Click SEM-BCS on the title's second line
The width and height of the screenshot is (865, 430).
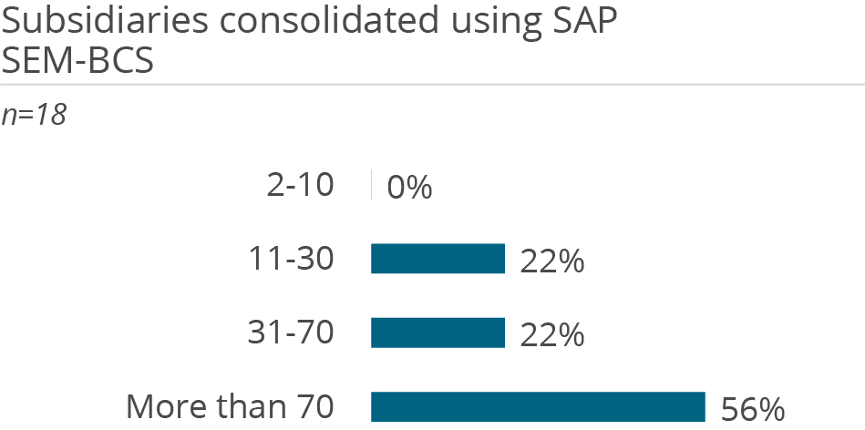tap(77, 62)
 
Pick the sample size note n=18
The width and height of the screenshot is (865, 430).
tap(34, 116)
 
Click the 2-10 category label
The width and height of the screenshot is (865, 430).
tap(301, 186)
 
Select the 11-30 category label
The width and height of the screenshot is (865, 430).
tap(292, 260)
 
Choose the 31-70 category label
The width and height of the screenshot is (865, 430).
tap(292, 333)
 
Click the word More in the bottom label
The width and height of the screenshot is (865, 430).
tap(160, 406)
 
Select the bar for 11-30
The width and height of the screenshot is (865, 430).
tap(438, 259)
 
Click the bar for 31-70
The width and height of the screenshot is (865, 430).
tap(438, 333)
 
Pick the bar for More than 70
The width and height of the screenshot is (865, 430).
tap(538, 406)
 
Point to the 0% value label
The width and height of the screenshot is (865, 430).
tap(409, 188)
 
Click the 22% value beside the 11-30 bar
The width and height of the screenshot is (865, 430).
tap(551, 261)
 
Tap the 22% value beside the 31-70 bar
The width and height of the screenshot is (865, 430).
tap(551, 335)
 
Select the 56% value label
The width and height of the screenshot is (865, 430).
tap(752, 409)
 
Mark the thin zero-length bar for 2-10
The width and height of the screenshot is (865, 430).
tap(371, 185)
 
